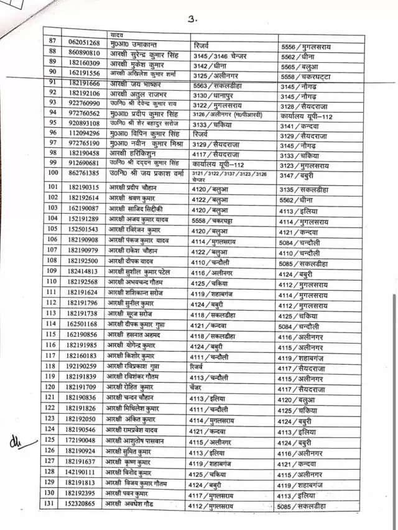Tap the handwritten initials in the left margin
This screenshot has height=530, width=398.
coord(14,442)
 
